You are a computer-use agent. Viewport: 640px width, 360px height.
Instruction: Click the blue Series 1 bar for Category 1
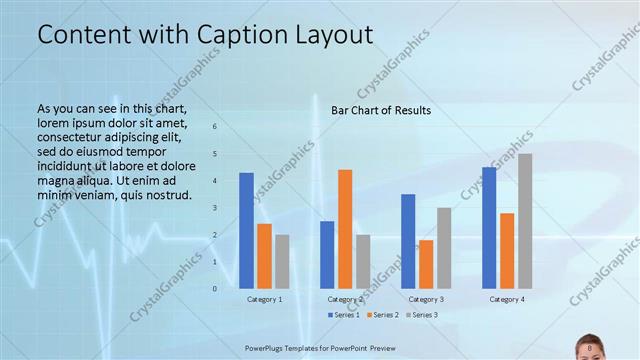(246, 230)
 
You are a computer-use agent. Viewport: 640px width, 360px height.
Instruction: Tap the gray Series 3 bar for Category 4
(525, 220)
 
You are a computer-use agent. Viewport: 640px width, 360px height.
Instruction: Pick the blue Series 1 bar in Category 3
(408, 240)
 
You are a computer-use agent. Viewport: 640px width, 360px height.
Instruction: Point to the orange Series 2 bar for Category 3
(426, 263)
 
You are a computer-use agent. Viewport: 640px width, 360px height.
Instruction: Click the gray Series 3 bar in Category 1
(282, 261)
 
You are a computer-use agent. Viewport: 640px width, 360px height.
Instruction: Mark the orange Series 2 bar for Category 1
(264, 255)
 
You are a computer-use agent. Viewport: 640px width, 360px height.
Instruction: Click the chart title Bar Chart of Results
(381, 110)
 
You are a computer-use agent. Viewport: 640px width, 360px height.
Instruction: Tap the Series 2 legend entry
(384, 315)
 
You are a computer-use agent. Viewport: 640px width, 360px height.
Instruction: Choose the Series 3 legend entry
(424, 315)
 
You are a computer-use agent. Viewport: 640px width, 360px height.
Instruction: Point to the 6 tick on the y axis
(214, 127)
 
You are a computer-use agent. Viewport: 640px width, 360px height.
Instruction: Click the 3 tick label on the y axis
(214, 208)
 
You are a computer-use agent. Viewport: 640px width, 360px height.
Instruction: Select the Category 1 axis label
(264, 299)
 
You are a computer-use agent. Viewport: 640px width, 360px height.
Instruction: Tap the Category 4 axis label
(507, 299)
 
